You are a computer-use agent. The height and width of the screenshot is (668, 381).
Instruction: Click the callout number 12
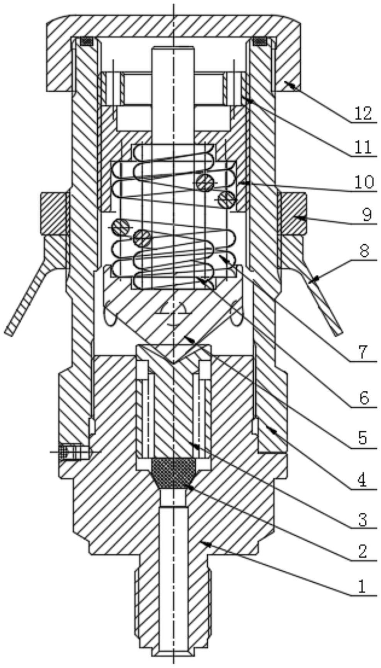tap(363, 113)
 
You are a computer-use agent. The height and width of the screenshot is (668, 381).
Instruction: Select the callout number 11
tap(363, 147)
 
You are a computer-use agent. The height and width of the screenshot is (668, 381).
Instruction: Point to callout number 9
tap(366, 214)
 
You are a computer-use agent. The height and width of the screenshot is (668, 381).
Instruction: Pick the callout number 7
tap(363, 352)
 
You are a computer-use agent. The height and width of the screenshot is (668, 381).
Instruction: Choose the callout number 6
tap(364, 398)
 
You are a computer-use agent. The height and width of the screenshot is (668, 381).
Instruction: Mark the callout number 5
tap(362, 438)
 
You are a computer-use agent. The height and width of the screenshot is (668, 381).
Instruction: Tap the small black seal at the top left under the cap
tap(87, 41)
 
